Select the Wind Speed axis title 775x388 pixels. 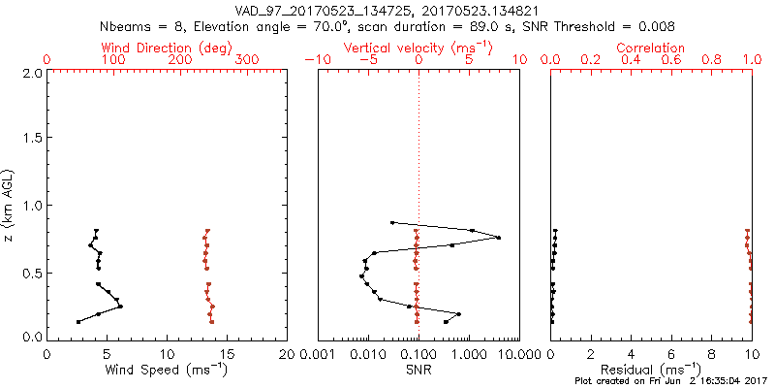pos(168,370)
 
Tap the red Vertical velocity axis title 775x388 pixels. pos(418,48)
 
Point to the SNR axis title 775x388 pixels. pos(418,370)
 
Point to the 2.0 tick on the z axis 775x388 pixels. pos(31,73)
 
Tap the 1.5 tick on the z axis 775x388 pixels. pos(31,139)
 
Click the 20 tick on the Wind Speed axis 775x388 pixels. pos(287,353)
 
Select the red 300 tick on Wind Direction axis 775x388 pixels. pos(248,60)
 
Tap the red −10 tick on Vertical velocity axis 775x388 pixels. pos(318,60)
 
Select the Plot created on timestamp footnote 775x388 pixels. pos(667,382)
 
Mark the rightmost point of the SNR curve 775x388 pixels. pos(499,238)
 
